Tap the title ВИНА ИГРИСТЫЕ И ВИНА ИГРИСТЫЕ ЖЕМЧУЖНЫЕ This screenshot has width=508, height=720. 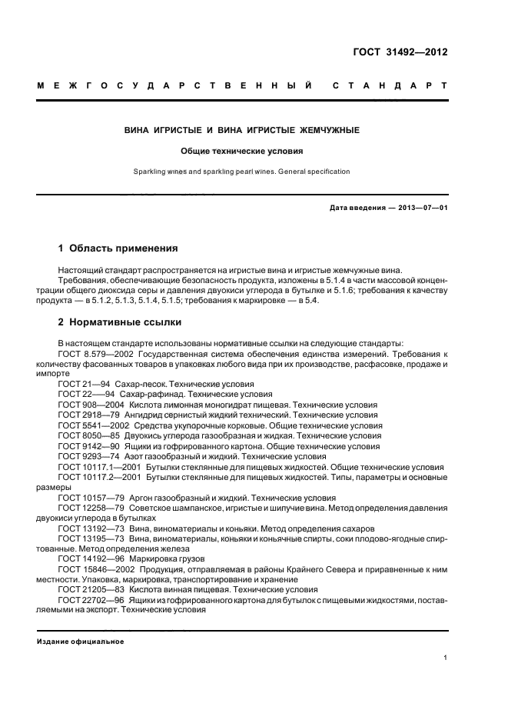click(242, 131)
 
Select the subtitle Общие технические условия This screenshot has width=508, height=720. click(242, 152)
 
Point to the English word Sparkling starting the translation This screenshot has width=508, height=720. click(148, 172)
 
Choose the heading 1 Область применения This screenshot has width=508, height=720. click(118, 248)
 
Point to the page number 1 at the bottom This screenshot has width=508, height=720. click(445, 658)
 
